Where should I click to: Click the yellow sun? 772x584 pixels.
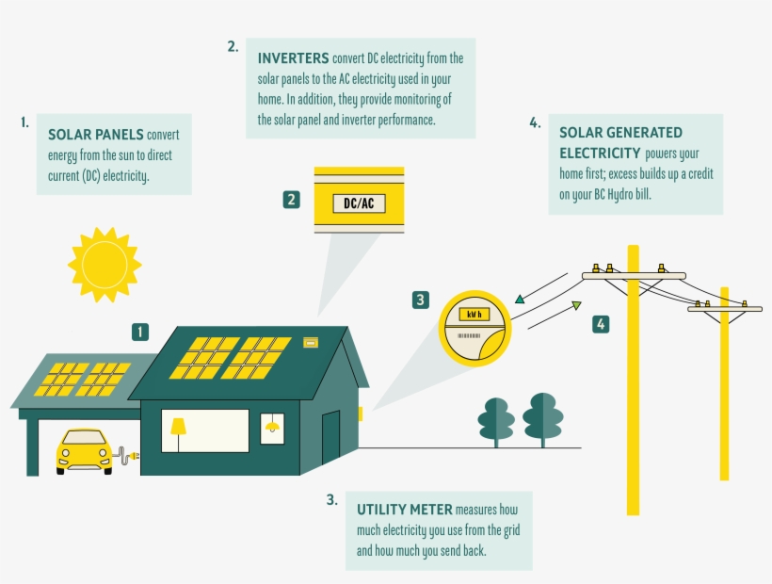point(105,264)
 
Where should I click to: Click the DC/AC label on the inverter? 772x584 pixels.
point(359,203)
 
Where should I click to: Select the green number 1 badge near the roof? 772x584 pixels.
point(140,332)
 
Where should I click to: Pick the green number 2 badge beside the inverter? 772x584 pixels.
point(292,200)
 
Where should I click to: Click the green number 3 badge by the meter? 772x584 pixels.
point(421,300)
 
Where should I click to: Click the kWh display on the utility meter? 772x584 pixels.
point(474,315)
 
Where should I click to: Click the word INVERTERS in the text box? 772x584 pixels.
point(294,57)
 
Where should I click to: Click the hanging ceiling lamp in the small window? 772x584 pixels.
point(273,426)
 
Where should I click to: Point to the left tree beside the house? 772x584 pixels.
point(495,418)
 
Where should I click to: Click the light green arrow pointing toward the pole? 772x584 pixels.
point(575,305)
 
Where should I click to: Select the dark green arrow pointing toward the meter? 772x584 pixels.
point(520,300)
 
